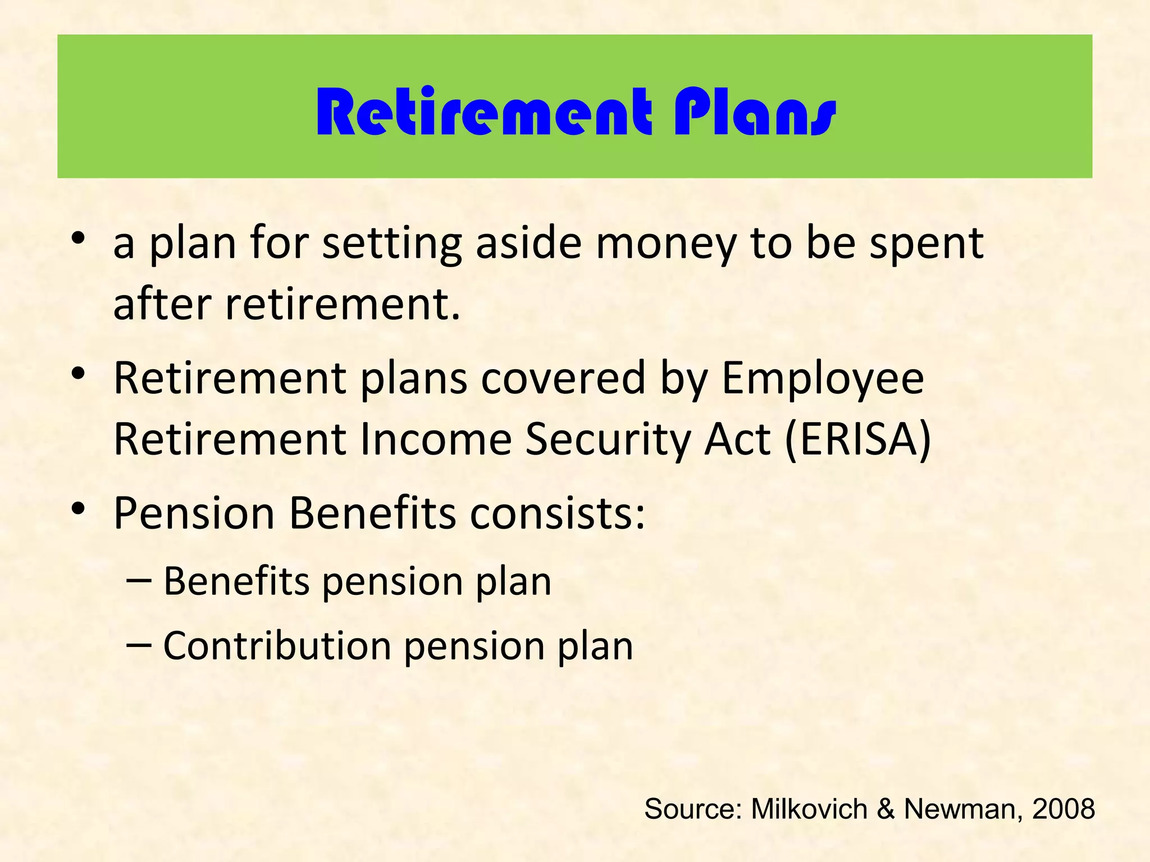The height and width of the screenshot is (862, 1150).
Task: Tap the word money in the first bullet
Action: [665, 244]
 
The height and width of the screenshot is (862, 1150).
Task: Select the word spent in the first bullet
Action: [927, 244]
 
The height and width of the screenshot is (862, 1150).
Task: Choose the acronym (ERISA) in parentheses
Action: [858, 439]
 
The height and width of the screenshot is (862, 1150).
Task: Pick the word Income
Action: [436, 439]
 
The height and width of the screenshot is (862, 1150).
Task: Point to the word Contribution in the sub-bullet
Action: [277, 646]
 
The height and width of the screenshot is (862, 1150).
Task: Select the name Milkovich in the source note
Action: [809, 809]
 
